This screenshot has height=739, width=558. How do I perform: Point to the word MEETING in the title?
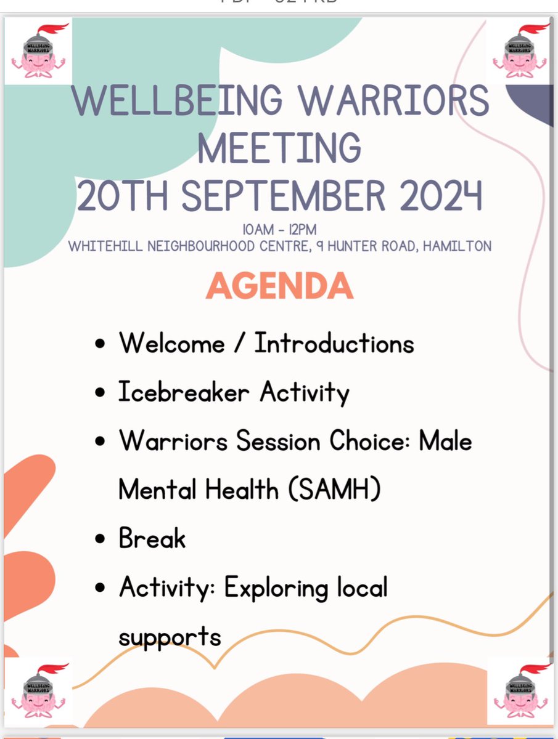(279, 148)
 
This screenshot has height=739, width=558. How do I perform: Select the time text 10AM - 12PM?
(279, 230)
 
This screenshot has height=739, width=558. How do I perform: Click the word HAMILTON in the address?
(456, 246)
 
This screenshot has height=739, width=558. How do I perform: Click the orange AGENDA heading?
(279, 286)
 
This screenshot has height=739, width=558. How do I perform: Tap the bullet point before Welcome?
(101, 344)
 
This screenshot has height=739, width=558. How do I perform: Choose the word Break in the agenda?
(152, 539)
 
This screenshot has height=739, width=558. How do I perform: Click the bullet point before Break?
(101, 539)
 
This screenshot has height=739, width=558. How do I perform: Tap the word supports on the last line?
(170, 636)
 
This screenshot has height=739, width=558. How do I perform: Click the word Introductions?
(334, 344)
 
